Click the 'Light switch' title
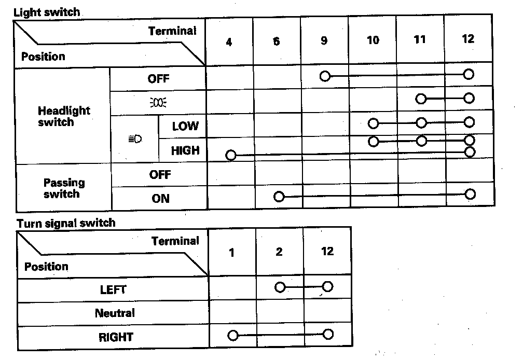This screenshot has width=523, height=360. click(x=47, y=11)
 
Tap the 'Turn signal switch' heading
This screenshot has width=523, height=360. click(x=66, y=223)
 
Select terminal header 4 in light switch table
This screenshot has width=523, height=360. click(x=229, y=42)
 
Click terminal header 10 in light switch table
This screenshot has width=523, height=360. click(x=373, y=40)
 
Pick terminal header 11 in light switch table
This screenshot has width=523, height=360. click(x=420, y=39)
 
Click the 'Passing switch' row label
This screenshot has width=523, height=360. click(x=64, y=188)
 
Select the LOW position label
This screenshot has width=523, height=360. click(x=185, y=126)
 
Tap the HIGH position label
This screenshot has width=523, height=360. click(x=185, y=150)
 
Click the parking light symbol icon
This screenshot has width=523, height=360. click(x=158, y=102)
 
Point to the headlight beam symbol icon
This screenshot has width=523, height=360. click(x=134, y=139)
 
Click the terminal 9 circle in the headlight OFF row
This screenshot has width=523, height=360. click(x=325, y=76)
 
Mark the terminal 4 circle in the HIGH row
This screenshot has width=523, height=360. click(x=231, y=155)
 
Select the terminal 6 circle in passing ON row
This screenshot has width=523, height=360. click(x=279, y=197)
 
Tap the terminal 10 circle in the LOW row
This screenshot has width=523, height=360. click(x=373, y=123)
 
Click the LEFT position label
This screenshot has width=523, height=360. click(x=113, y=289)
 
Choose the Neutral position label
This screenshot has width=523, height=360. click(x=115, y=313)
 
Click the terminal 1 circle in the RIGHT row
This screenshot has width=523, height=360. click(x=232, y=336)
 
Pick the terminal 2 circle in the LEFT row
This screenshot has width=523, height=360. click(x=280, y=287)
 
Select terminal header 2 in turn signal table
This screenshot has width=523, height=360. click(x=279, y=252)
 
